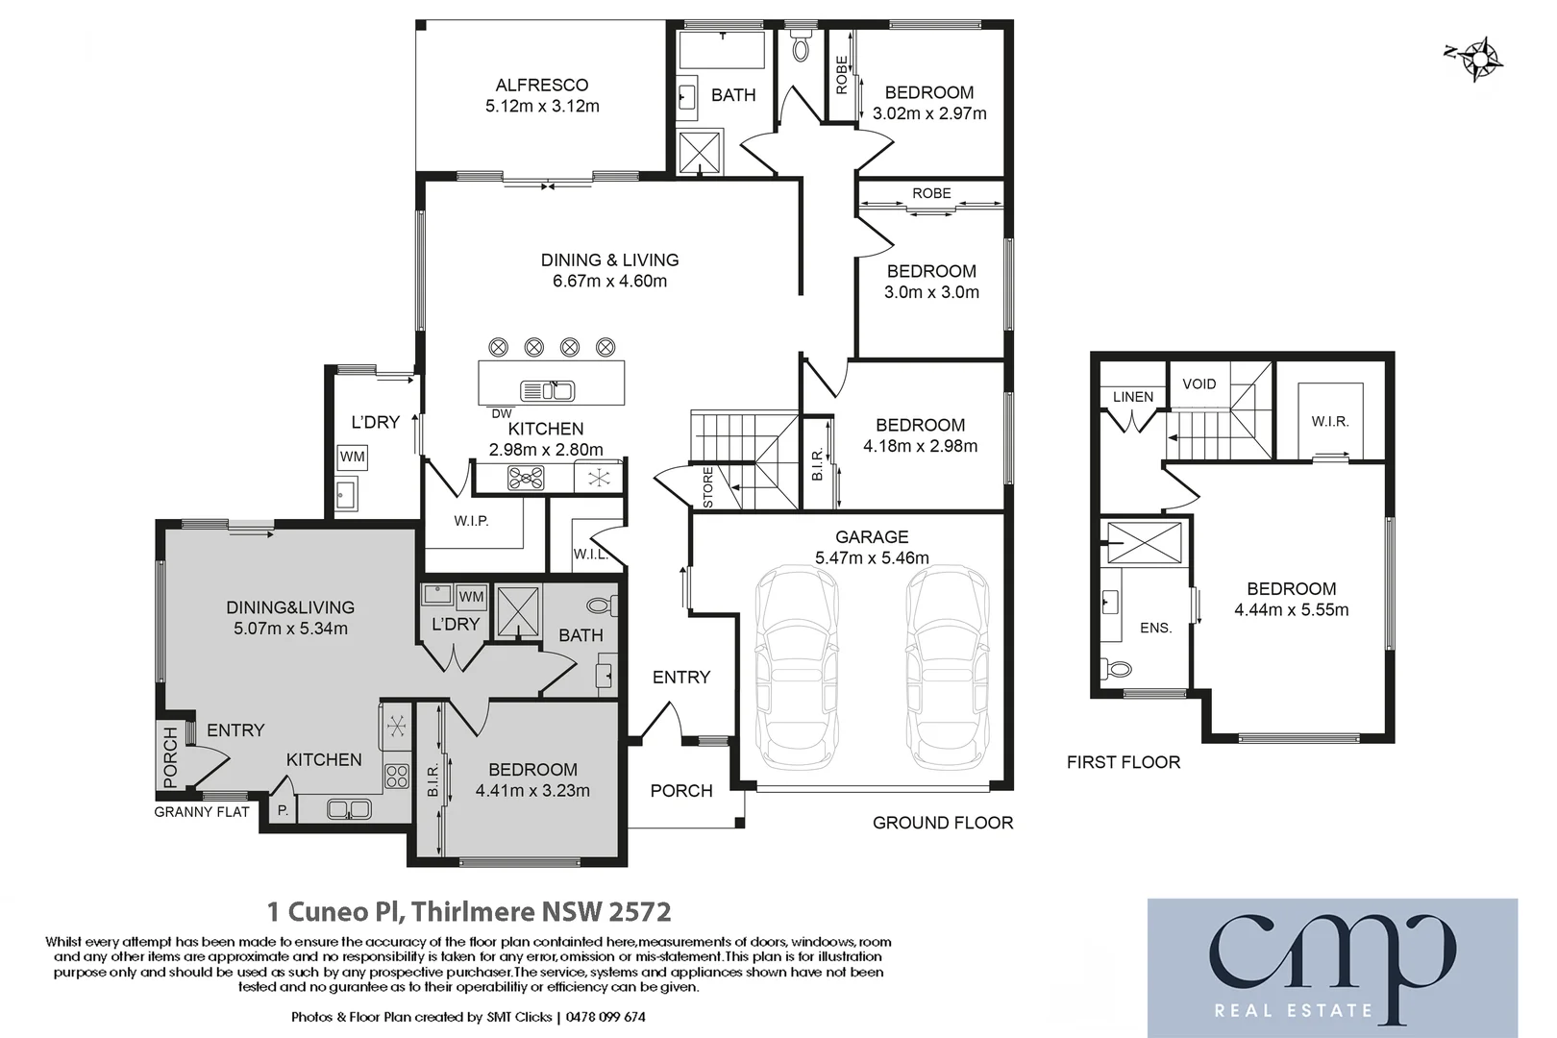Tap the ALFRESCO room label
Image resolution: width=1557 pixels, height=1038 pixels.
[x=542, y=86]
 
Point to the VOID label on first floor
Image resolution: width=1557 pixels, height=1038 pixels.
[x=1199, y=384]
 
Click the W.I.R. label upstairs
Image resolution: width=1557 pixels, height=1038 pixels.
[x=1330, y=422]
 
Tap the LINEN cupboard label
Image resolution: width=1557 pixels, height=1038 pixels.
[x=1133, y=397]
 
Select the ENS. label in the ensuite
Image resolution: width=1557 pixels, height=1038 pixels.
[x=1155, y=629]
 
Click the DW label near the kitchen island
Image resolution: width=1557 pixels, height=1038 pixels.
[x=502, y=414]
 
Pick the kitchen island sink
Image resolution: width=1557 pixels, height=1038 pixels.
[x=547, y=391]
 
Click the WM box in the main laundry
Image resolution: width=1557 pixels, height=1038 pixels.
[x=353, y=457]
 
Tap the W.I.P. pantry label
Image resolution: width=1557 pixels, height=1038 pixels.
[x=472, y=521]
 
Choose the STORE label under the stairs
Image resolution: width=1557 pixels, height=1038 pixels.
[x=708, y=487]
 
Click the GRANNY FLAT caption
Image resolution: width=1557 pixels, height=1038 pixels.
[x=202, y=812]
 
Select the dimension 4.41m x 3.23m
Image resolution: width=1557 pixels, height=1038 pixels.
[x=532, y=791]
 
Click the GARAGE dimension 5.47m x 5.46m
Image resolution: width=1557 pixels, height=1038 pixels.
[x=872, y=558]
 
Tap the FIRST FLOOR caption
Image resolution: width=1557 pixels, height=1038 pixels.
[x=1123, y=762]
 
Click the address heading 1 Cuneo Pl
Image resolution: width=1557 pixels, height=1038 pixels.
[x=468, y=911]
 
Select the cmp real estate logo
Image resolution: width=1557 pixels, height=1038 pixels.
[x=1332, y=967]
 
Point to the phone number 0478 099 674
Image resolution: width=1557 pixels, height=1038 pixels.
[x=605, y=1017]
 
